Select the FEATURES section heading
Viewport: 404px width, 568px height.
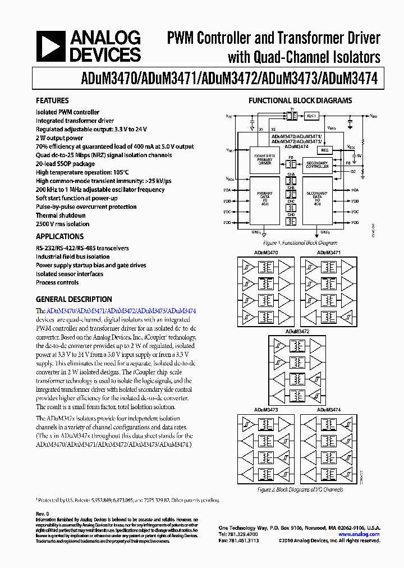53,101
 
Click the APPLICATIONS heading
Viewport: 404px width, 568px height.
59,237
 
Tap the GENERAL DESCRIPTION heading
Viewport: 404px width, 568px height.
74,300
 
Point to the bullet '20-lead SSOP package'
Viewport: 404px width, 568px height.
65,164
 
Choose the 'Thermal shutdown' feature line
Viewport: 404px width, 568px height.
61,216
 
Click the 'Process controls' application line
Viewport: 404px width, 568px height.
57,283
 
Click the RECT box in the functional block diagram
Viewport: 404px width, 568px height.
311,116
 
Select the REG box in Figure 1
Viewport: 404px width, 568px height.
326,150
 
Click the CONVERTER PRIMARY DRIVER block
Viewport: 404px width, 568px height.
265,159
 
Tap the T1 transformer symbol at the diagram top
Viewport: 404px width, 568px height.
291,116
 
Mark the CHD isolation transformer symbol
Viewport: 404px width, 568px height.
291,221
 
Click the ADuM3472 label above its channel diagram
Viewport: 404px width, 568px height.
296,332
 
